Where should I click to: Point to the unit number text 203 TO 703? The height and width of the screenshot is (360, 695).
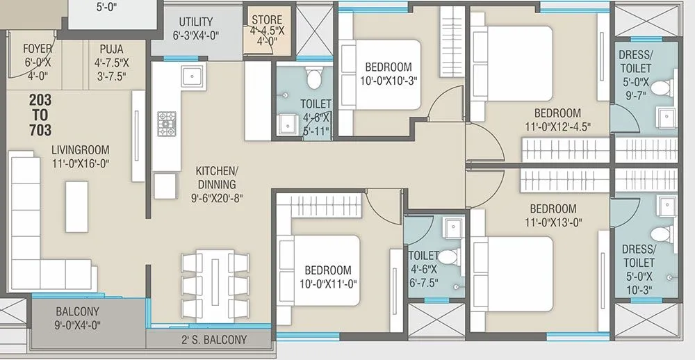coord(40,115)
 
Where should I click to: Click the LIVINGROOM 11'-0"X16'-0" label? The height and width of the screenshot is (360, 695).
coord(80,156)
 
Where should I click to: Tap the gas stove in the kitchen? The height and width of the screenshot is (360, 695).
coord(167,123)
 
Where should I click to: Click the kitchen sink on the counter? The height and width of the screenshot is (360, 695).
coord(190,76)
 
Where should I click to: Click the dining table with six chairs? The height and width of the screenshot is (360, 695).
coord(215,283)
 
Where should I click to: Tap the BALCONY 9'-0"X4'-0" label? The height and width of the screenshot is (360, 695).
coord(78,318)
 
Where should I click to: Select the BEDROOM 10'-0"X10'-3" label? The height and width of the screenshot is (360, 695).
coord(388,73)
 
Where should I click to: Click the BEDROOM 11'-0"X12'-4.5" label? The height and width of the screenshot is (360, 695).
coord(557,119)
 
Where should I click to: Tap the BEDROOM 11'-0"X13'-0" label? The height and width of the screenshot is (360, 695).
coord(553,215)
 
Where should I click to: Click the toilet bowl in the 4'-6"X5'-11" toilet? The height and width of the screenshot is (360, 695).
coord(313,79)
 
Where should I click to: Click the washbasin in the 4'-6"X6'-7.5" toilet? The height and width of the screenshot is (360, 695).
coord(453,227)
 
